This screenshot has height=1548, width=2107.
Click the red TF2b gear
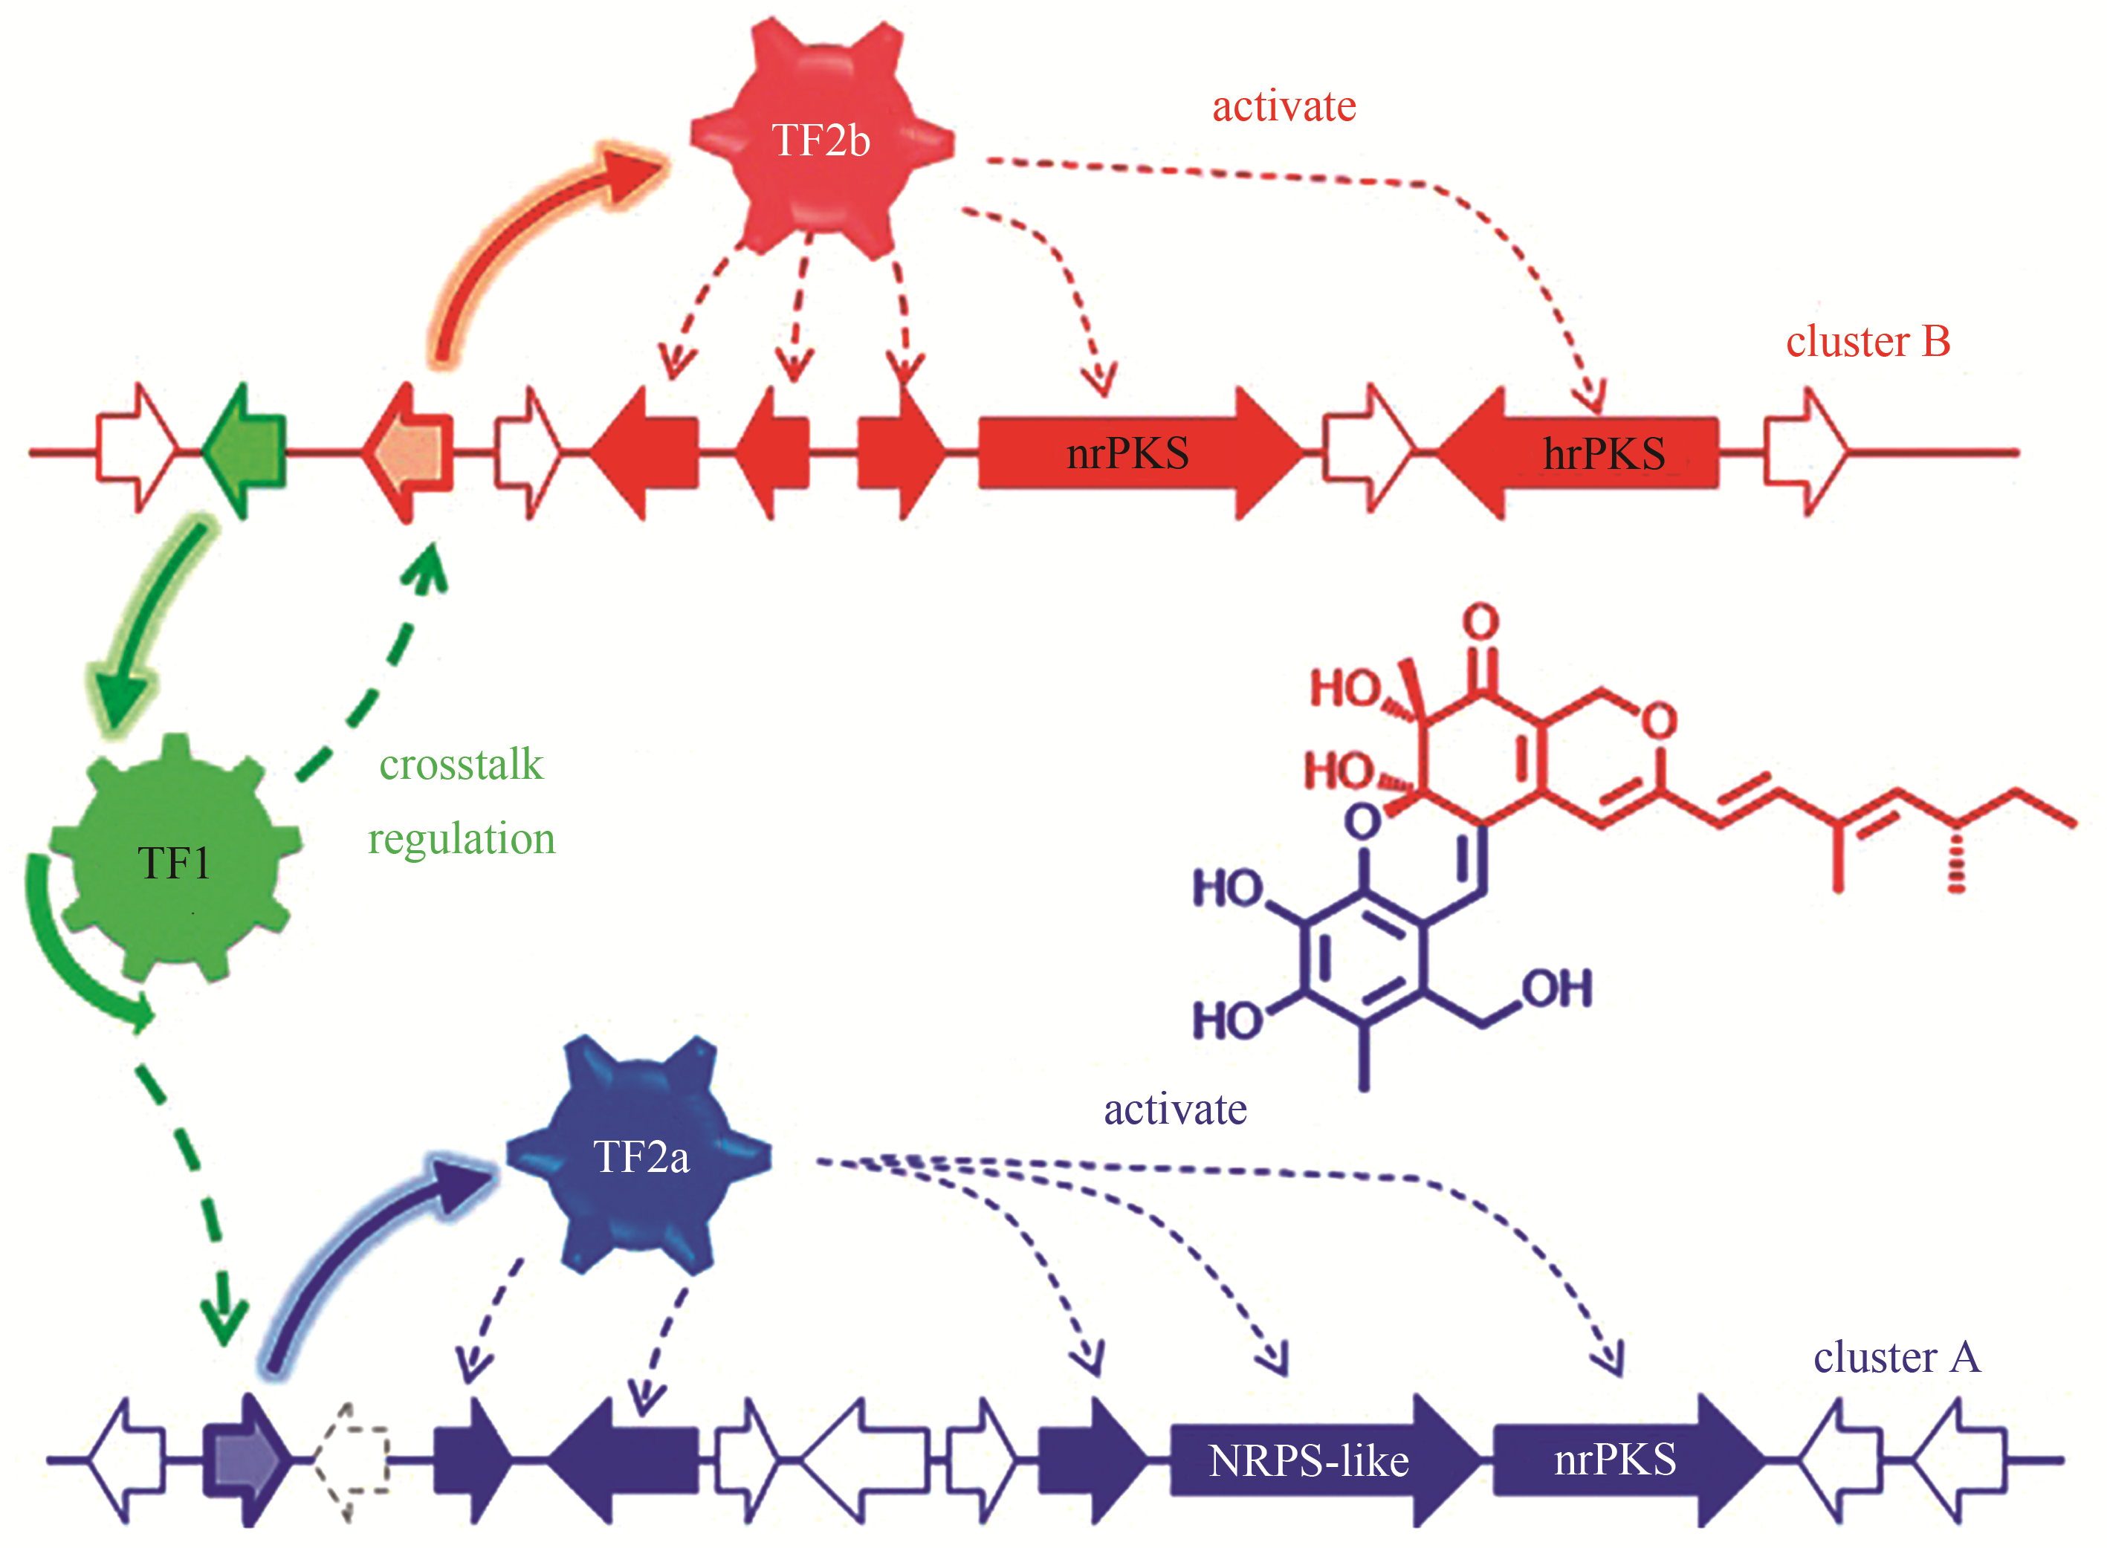coord(821,140)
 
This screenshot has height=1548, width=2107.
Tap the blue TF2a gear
coord(640,1156)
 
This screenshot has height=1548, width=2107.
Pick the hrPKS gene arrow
coord(1583,453)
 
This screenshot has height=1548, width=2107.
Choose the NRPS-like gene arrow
coord(1312,1460)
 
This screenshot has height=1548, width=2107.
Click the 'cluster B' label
coord(1867,341)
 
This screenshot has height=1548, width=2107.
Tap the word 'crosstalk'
coord(461,765)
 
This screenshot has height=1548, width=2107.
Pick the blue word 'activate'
coord(1175,1110)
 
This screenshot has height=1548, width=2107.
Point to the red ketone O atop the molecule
coord(1481,621)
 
